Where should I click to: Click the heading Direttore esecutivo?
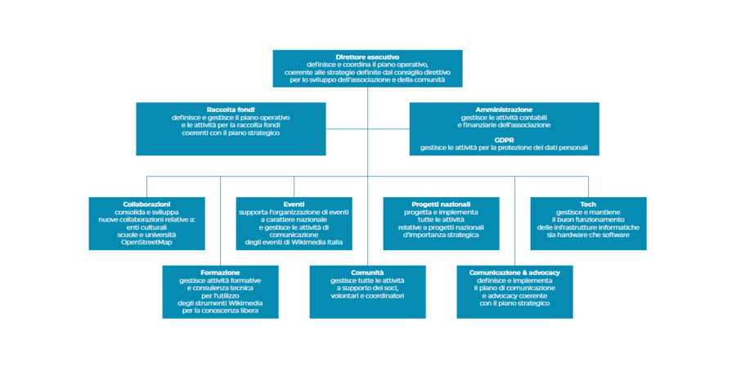point(367,56)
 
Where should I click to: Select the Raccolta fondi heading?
point(232,110)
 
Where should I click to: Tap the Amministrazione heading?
point(504,110)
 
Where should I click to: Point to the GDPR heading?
point(504,140)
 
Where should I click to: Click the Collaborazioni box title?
point(146,204)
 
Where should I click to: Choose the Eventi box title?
point(294,204)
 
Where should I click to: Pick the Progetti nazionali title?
point(441,204)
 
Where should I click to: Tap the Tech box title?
point(588,204)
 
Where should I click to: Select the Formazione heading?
point(220,272)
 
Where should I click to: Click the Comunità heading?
point(367,272)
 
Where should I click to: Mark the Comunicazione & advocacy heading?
point(514,272)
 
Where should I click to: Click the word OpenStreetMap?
point(146,242)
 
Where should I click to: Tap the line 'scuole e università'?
point(146,235)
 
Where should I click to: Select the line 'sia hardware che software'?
point(588,235)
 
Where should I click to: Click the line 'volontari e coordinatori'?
point(367,295)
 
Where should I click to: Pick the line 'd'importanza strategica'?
point(441,235)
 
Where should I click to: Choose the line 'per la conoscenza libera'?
point(220,311)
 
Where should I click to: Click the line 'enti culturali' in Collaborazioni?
point(146,227)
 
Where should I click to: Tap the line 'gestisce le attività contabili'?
point(504,117)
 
